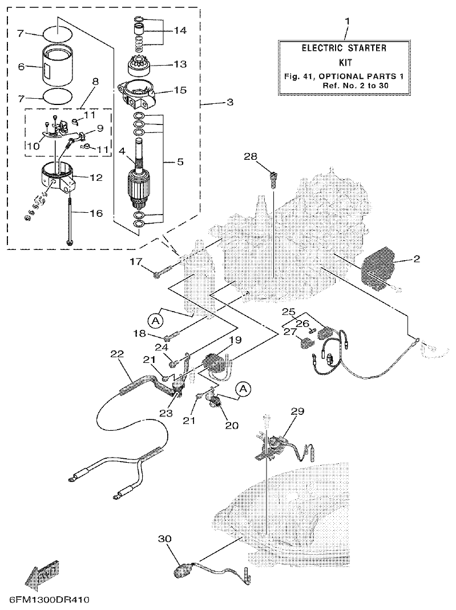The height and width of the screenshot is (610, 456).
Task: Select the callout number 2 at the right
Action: point(417,259)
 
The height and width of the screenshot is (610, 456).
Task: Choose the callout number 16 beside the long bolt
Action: point(96,213)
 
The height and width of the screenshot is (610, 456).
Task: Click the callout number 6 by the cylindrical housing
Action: point(21,67)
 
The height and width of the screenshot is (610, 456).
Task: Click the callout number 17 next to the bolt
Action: point(136,262)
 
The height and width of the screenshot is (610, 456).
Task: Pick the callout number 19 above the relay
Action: point(235,340)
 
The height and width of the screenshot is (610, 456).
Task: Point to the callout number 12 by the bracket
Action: point(96,177)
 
